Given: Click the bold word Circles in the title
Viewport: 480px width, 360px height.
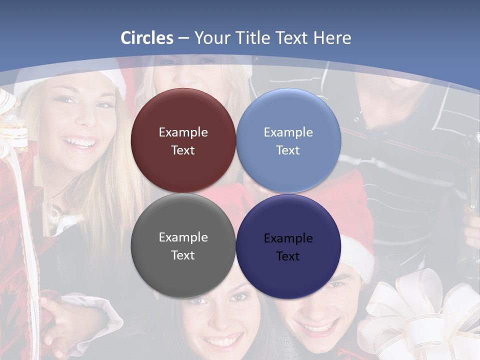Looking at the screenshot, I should click(147, 38).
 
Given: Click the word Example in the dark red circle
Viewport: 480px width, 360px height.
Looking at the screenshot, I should click(183, 132).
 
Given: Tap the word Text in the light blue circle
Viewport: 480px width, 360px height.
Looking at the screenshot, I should click(288, 150).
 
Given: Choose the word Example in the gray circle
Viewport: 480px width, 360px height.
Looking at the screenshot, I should click(183, 237).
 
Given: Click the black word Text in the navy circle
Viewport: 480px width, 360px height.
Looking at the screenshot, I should click(288, 256).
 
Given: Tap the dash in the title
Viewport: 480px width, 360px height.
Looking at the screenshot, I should click(183, 38).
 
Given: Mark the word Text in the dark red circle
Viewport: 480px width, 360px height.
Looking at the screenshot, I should click(183, 150).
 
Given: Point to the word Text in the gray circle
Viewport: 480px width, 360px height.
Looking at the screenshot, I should click(183, 255).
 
